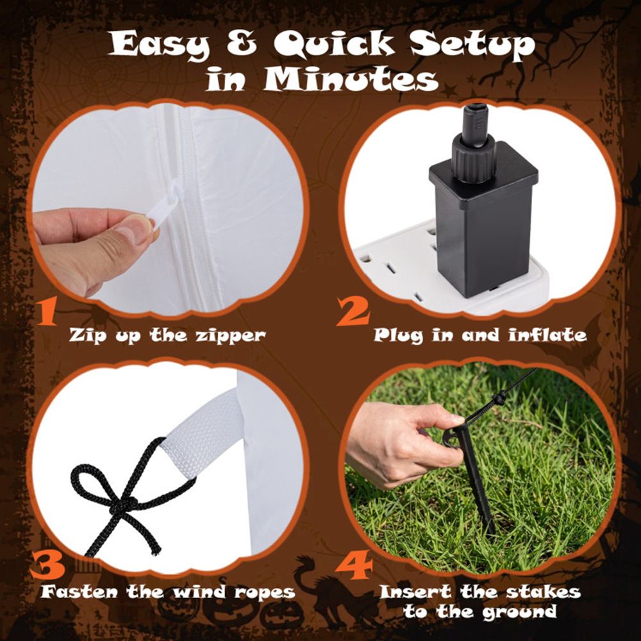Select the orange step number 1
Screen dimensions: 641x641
pos(46,311)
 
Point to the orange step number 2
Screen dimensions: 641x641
pos(353,311)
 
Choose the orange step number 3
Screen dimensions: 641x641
pos(47,565)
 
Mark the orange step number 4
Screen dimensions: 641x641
pos(354,565)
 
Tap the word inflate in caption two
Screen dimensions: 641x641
pos(548,335)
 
